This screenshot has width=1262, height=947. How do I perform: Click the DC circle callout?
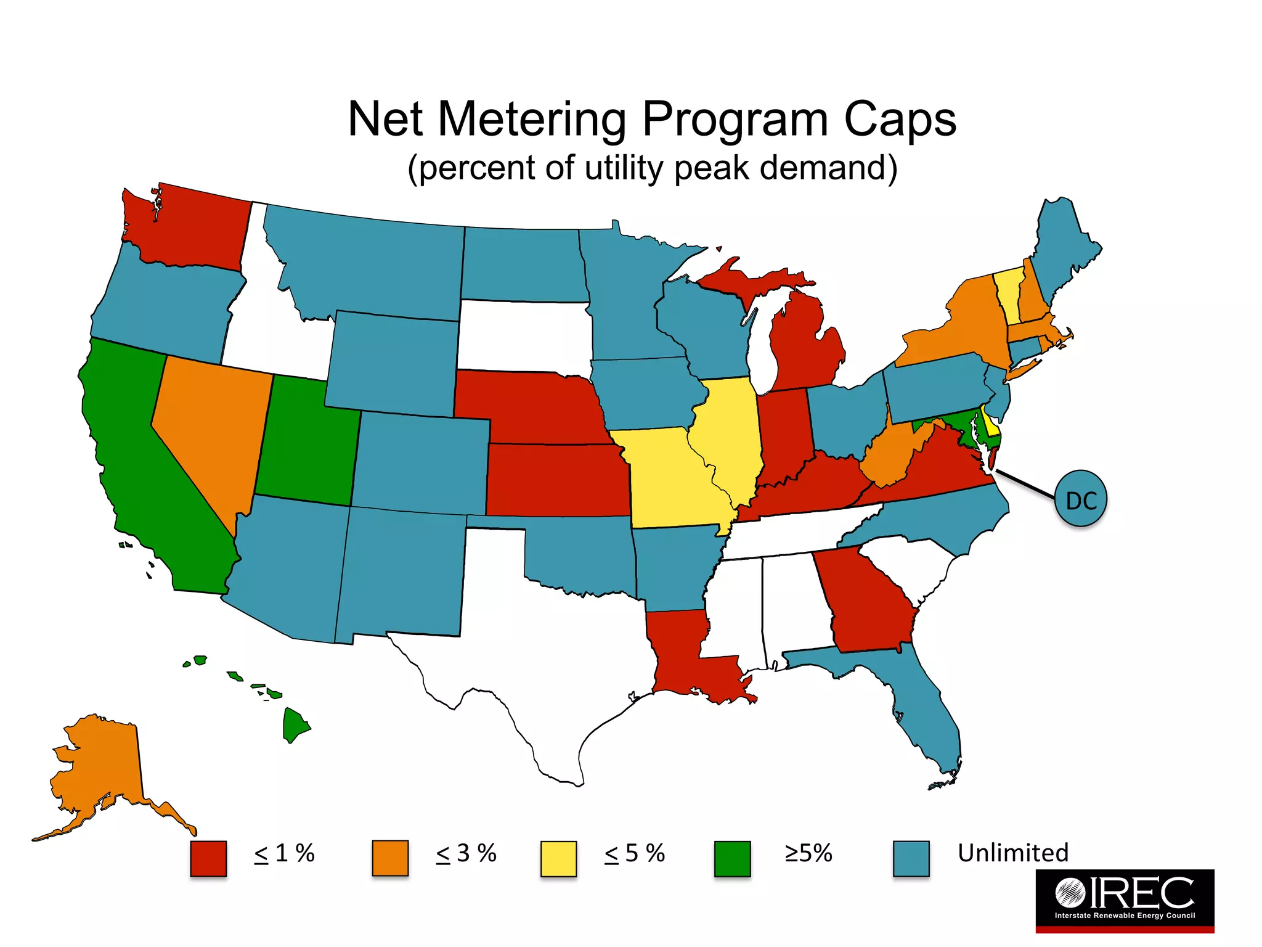click(x=1081, y=500)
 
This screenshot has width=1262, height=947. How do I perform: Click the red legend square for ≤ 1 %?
click(x=208, y=858)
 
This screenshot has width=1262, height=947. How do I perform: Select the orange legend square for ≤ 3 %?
click(x=390, y=858)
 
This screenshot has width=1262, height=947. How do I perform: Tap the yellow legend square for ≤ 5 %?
click(x=558, y=858)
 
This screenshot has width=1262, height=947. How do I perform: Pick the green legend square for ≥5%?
click(x=732, y=858)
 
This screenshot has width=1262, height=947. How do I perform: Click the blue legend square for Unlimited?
click(x=911, y=858)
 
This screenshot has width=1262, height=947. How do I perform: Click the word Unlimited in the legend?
click(x=1012, y=853)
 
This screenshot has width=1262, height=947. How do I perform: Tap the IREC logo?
click(x=1124, y=900)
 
